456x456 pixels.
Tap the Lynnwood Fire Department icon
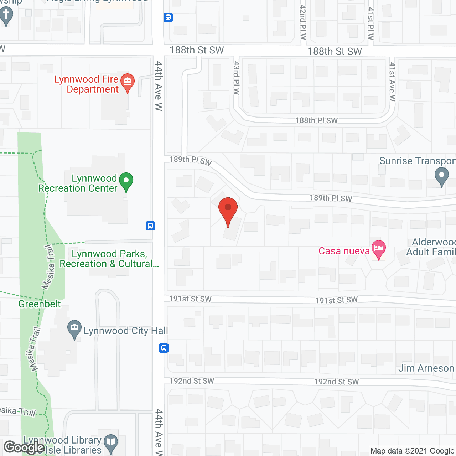pos(127,82)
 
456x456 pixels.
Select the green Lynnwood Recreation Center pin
pos(126,181)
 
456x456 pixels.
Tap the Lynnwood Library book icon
pos(111,442)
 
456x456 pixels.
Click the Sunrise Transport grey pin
pos(442,176)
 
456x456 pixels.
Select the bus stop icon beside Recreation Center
pos(150,226)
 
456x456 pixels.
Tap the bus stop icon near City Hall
pos(164,348)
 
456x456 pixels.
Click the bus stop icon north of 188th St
pos(168,17)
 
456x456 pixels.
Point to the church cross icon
pos(6,16)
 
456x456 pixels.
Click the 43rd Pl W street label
pos(237,78)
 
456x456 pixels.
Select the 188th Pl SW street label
pos(316,120)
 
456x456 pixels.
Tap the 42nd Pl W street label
pos(303,22)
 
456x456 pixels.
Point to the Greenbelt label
pos(40,304)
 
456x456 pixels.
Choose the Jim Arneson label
pos(426,368)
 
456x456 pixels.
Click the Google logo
pos(24,447)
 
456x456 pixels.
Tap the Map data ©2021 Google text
pos(412,451)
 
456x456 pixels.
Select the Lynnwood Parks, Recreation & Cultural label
pos(109,259)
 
